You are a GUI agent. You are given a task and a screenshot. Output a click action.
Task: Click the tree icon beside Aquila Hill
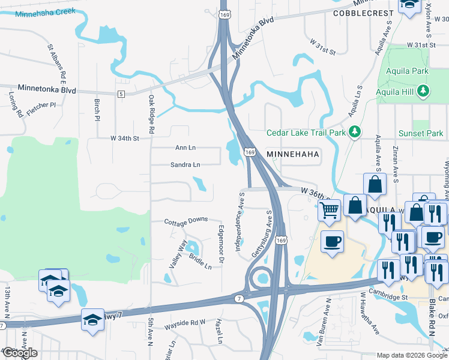pyautogui.click(x=424, y=91)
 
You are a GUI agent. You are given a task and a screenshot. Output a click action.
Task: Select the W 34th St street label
pyautogui.click(x=124, y=139)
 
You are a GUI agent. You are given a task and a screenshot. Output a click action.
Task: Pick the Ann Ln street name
pyautogui.click(x=185, y=148)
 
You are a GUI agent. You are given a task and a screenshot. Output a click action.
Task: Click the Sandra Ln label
pyautogui.click(x=185, y=164)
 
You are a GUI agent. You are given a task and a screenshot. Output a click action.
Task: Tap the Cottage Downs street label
pyautogui.click(x=187, y=220)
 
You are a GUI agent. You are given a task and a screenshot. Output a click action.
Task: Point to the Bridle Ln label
pyautogui.click(x=200, y=262)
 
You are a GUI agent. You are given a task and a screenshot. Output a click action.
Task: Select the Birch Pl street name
pyautogui.click(x=96, y=110)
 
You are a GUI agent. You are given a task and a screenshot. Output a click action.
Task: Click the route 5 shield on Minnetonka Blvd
pyautogui.click(x=121, y=94)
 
